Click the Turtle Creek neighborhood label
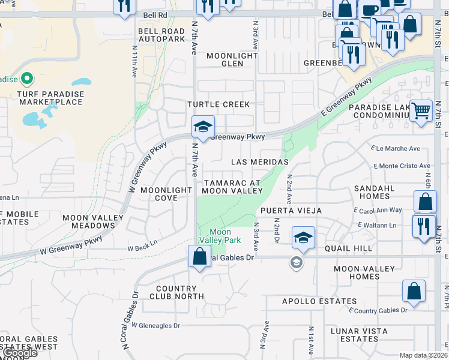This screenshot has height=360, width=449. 218,104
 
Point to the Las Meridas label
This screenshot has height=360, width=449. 260,162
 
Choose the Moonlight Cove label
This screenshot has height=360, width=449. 166,194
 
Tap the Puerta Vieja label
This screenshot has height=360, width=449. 291,211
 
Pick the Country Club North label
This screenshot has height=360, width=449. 181,292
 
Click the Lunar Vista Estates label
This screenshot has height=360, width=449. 359,335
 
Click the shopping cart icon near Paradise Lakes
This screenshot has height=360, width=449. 421,110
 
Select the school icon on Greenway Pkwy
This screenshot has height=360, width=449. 203,127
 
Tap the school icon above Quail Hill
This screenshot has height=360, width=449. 304,237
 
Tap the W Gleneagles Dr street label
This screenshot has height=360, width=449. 155,326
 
